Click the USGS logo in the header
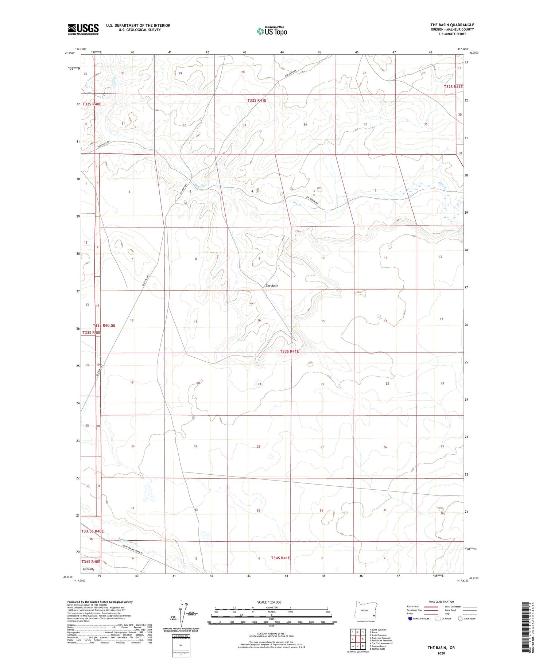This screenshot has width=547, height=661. (x=83, y=29)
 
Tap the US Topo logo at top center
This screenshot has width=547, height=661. (x=272, y=31)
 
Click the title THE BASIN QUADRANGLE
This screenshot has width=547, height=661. (x=452, y=25)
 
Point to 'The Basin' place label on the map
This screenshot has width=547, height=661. (x=272, y=285)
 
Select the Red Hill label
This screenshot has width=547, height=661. (x=88, y=569)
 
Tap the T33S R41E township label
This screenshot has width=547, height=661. (x=289, y=351)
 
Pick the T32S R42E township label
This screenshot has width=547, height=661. (x=453, y=87)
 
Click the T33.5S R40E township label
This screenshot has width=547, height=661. (x=93, y=531)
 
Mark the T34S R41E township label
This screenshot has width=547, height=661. (x=280, y=558)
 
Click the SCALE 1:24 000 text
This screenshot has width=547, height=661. (x=269, y=602)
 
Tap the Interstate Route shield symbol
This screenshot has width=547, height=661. (x=410, y=618)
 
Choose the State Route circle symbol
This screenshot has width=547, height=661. (x=461, y=618)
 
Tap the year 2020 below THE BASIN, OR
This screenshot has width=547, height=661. (x=441, y=653)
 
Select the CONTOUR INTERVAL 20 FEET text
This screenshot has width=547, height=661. (x=271, y=634)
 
